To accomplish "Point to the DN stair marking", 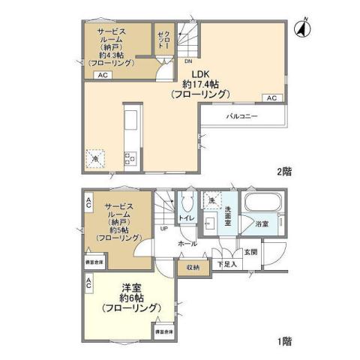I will tap(188, 61).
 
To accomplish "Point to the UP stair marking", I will tap(164, 229).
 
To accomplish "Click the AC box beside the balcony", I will tap(271, 98).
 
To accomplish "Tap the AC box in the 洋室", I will tap(88, 283).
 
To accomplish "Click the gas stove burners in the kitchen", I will tap(130, 158).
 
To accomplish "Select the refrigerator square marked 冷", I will tap(95, 157).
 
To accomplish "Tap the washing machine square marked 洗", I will tap(211, 201).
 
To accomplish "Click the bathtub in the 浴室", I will tap(262, 205).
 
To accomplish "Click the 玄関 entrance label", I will tap(250, 251).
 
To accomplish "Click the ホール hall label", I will tap(187, 244).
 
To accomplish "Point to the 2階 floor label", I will tap(283, 171).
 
